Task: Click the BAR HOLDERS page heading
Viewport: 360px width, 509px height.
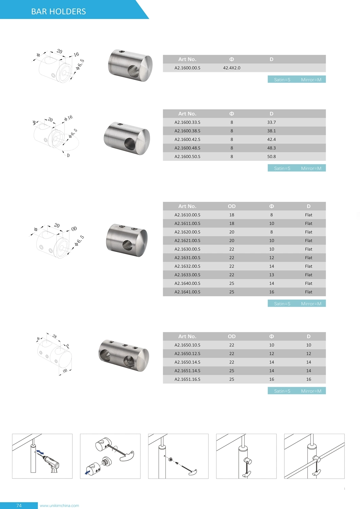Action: (x=58, y=12)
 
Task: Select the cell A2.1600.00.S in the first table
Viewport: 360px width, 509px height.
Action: (x=187, y=68)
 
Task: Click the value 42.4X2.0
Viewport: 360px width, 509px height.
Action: (x=231, y=68)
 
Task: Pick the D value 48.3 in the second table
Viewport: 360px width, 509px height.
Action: (x=271, y=148)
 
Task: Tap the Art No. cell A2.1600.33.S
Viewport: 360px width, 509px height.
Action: (x=187, y=122)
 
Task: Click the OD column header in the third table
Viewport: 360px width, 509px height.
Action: (x=231, y=206)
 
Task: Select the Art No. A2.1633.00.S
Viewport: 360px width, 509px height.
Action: (x=187, y=275)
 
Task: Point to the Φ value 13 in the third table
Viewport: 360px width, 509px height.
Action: (x=271, y=275)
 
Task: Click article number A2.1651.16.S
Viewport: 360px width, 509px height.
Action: (x=187, y=379)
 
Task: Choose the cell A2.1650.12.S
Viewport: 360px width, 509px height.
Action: (x=187, y=353)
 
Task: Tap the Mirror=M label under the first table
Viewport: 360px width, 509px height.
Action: (x=311, y=79)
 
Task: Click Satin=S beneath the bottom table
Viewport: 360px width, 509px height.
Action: (x=282, y=391)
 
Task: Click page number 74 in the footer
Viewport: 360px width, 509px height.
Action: (x=19, y=506)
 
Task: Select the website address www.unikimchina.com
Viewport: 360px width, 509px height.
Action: (x=59, y=506)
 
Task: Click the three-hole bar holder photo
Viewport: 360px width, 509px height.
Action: (x=124, y=355)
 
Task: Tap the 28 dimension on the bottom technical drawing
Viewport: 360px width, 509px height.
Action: (x=54, y=336)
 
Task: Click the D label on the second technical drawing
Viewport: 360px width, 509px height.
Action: (x=68, y=155)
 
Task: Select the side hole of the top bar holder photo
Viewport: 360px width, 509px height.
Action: (x=133, y=71)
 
